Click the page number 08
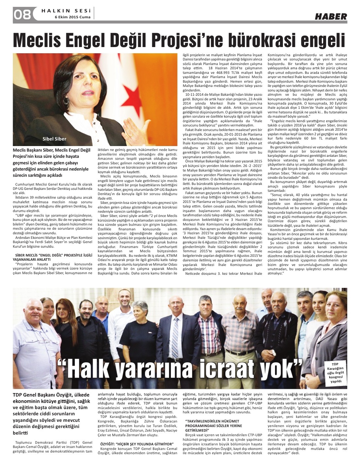[22, 14]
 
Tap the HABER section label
[331, 16]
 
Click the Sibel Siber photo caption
[54, 139]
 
